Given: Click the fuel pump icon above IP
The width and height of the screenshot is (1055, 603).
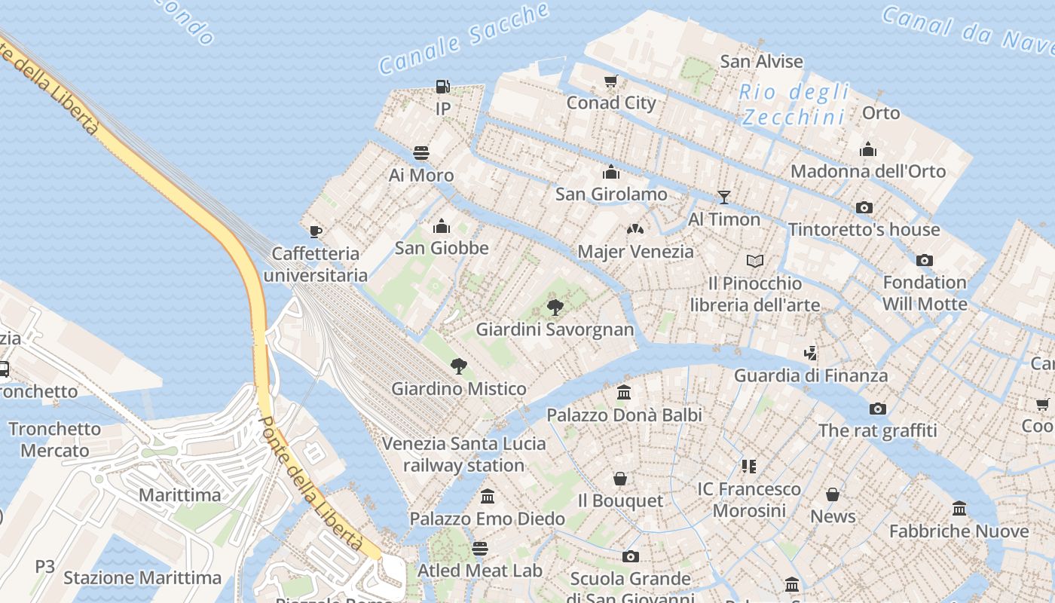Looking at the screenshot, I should pyautogui.click(x=442, y=87).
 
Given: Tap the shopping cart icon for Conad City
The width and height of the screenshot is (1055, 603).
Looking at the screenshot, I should pyautogui.click(x=611, y=81).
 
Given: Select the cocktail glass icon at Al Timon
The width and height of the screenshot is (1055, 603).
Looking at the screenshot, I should pyautogui.click(x=724, y=197).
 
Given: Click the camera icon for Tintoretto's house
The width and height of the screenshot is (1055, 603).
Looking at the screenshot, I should pyautogui.click(x=864, y=207).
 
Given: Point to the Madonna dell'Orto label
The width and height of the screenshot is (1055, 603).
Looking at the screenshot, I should pyautogui.click(x=867, y=171).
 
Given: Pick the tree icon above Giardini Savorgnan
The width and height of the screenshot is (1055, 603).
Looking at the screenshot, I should pyautogui.click(x=555, y=308).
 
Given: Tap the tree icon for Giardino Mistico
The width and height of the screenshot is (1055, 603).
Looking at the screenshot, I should pyautogui.click(x=458, y=367).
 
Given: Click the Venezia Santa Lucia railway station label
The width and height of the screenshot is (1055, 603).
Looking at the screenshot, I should pyautogui.click(x=463, y=454).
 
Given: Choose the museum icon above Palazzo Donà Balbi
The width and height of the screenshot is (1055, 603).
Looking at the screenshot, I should pyautogui.click(x=624, y=393).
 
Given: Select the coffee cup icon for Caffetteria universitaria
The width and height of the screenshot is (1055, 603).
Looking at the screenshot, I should pyautogui.click(x=316, y=231).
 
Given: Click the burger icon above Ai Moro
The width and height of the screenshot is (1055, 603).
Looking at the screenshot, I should pyautogui.click(x=421, y=153).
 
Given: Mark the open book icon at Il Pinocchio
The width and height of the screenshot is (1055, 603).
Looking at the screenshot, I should pyautogui.click(x=755, y=262).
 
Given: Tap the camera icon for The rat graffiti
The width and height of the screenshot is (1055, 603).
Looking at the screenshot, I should pyautogui.click(x=878, y=409).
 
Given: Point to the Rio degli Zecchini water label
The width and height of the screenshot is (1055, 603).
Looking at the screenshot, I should pyautogui.click(x=794, y=105).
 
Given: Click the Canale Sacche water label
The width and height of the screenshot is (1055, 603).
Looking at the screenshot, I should pyautogui.click(x=464, y=38).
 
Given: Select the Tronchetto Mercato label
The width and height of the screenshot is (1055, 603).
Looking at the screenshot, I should pyautogui.click(x=54, y=439).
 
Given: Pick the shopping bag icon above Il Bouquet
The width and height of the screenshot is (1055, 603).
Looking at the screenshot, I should pyautogui.click(x=620, y=479).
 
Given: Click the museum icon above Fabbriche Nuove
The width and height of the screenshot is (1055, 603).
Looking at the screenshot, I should pyautogui.click(x=959, y=509).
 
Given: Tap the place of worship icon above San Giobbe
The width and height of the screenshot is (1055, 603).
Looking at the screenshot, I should pyautogui.click(x=442, y=226).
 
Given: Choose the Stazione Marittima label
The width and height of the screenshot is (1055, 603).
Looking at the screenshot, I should pyautogui.click(x=142, y=578).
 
